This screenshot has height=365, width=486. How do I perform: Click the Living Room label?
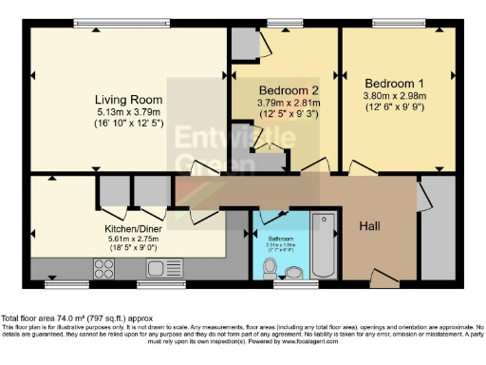tap(127, 99)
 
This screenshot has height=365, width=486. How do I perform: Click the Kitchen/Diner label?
tap(131, 229)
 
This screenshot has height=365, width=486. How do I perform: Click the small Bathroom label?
tap(280, 239)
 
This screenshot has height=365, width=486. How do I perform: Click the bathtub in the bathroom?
tap(324, 243)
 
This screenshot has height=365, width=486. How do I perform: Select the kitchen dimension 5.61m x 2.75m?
tap(131, 240)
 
